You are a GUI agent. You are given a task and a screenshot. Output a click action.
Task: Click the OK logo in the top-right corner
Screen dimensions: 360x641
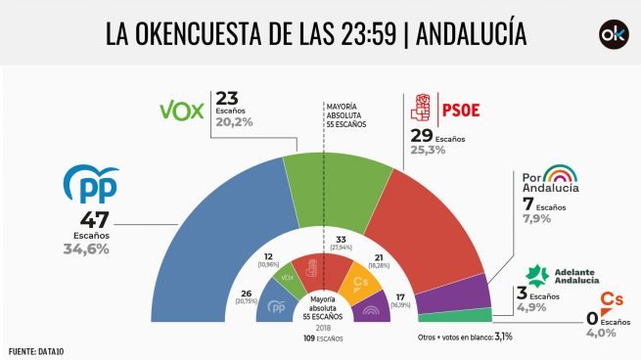point(613,34)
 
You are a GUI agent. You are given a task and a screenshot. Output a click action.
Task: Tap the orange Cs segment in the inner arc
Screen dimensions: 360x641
point(358,283)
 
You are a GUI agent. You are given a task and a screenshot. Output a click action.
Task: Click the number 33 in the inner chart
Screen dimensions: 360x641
point(341,239)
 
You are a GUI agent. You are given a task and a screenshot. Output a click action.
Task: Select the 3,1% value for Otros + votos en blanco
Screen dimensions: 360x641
point(502,336)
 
